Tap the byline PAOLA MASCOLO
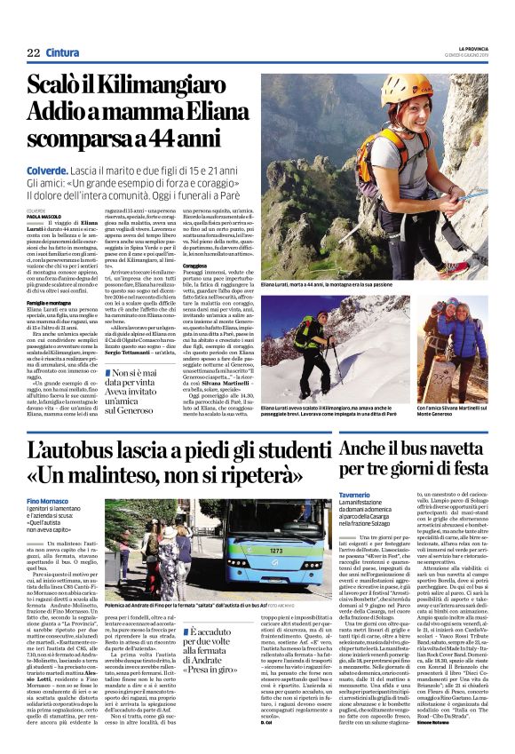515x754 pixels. [44, 214]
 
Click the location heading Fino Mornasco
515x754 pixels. [51, 503]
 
